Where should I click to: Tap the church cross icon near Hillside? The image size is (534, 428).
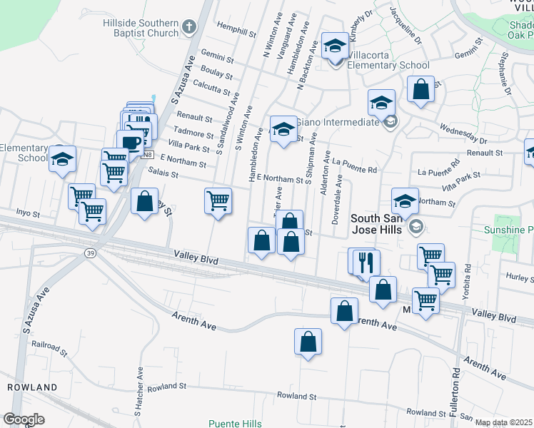(189, 28)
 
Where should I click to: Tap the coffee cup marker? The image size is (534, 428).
(131, 142)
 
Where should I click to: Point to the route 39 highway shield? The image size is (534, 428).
(90, 253)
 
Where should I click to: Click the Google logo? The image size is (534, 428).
(24, 419)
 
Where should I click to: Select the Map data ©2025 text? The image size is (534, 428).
(504, 422)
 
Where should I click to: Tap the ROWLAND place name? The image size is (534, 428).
(32, 387)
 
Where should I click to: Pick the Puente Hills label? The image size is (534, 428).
(235, 423)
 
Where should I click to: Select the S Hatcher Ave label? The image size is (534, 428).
(138, 391)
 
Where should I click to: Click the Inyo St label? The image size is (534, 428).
(29, 213)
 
